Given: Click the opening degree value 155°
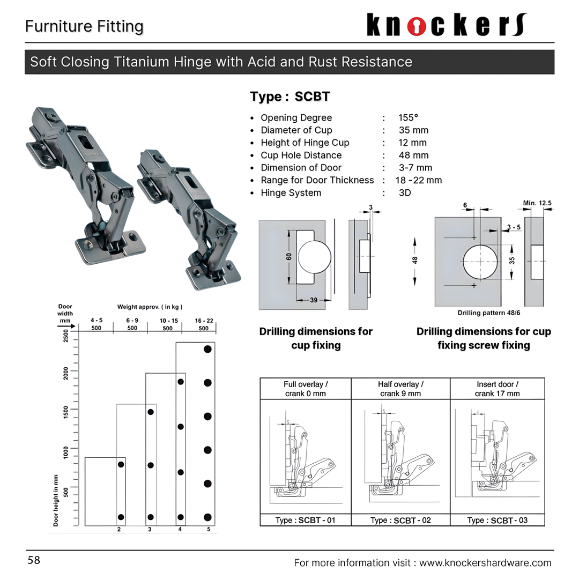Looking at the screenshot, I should tap(408, 118).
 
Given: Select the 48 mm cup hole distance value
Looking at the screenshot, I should tap(413, 155).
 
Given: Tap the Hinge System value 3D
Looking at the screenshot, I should tap(405, 193).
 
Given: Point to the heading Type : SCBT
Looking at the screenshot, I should tap(290, 97).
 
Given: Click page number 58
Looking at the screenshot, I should tap(34, 561).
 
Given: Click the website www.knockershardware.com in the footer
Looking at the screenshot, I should tap(485, 563).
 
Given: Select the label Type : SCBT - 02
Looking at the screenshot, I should tap(400, 520).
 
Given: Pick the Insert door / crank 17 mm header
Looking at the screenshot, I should tap(497, 389).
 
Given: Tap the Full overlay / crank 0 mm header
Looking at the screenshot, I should tap(306, 389).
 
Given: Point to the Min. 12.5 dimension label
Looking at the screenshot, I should tap(537, 203).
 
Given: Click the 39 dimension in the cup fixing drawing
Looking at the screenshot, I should tap(314, 300).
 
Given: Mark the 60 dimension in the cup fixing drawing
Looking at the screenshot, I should tap(289, 257).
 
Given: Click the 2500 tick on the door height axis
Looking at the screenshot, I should tap(66, 336).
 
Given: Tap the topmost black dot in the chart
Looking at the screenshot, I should tap(207, 349).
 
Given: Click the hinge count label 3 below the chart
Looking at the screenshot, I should tap(150, 530).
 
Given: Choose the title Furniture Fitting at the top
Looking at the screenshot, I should tap(84, 26).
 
